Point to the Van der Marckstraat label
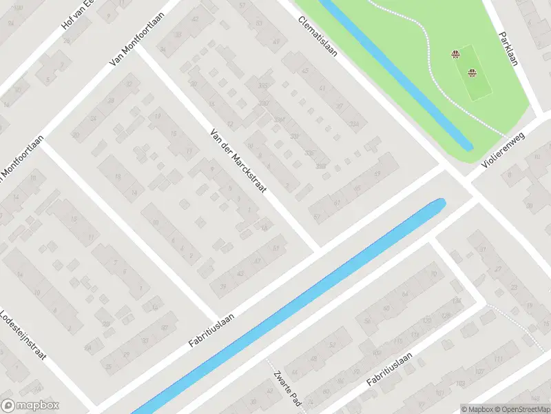point(239,160)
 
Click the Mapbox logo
point(30,406)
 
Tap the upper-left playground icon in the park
point(455,55)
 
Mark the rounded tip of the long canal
point(438,204)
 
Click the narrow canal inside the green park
point(399,76)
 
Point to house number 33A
point(355,124)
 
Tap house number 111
point(497,359)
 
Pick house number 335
point(262,86)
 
